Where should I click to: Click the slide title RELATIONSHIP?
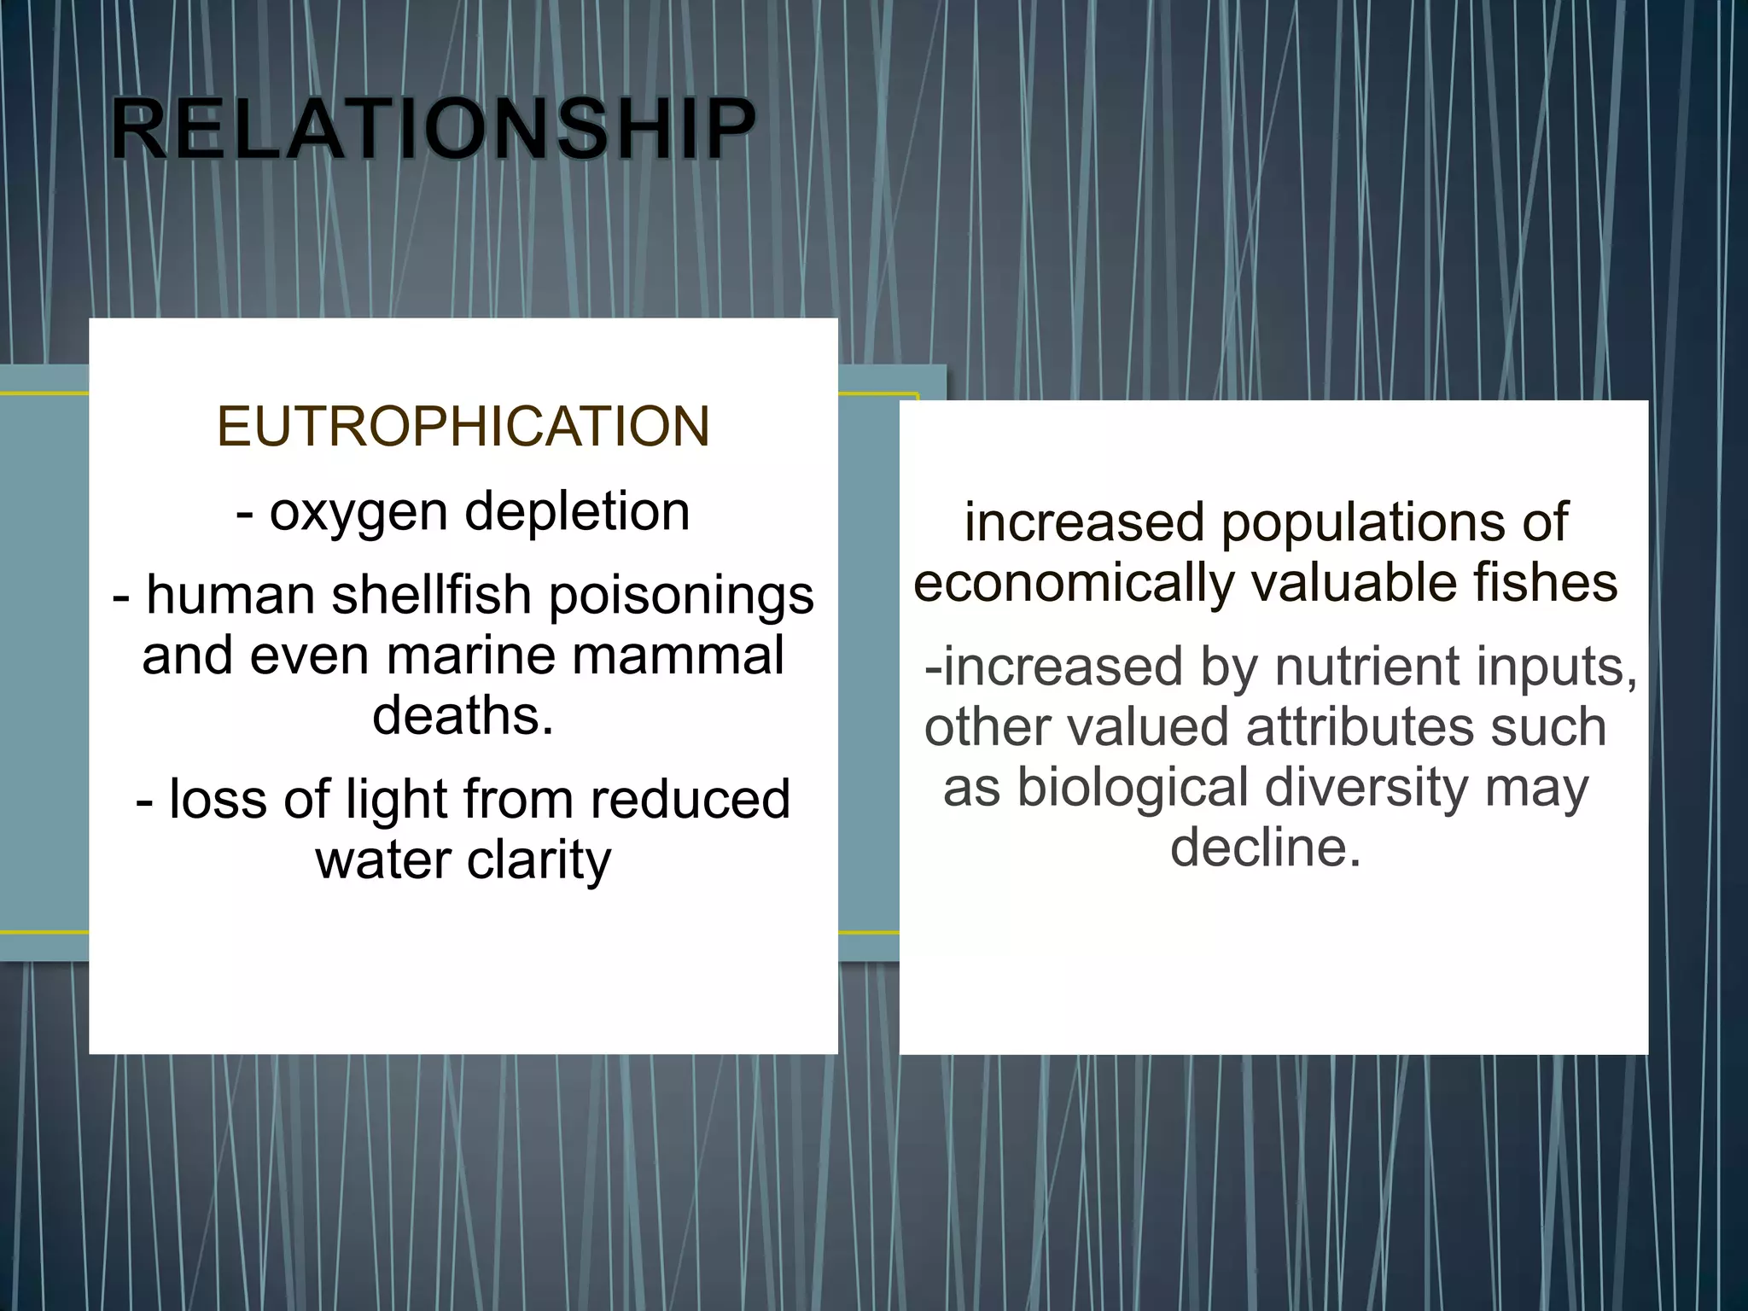[x=433, y=129]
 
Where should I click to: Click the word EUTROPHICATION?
[x=463, y=426]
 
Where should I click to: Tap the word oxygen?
[x=358, y=513]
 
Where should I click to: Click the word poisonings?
[x=681, y=596]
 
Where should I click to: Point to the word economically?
[x=1074, y=584]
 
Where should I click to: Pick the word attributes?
[x=1359, y=727]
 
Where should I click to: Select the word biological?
[x=1133, y=788]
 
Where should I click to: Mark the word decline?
[x=1265, y=848]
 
